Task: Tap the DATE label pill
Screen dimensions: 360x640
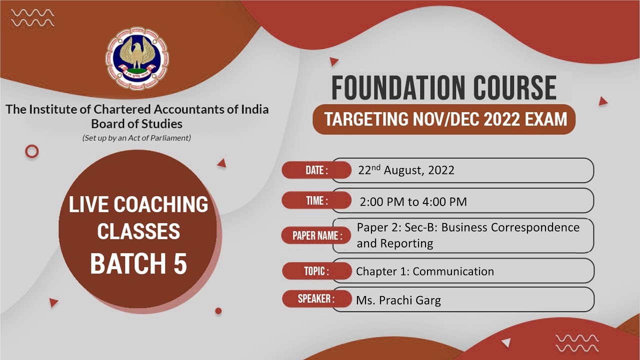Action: tap(316, 170)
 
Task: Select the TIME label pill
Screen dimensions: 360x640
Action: tap(316, 201)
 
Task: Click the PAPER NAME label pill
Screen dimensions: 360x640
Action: tap(313, 235)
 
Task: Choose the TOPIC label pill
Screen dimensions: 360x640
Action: tap(316, 271)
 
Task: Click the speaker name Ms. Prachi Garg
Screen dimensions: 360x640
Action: tap(398, 300)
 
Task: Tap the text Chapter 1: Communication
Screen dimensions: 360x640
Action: tap(424, 271)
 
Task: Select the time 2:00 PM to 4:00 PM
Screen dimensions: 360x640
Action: tap(413, 202)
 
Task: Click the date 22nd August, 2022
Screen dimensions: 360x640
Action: tap(406, 170)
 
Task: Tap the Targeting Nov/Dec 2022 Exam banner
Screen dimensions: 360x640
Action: tap(443, 120)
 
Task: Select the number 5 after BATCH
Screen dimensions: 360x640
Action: tap(180, 264)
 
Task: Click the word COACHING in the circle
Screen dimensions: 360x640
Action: tap(161, 204)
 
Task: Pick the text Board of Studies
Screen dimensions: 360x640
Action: tap(136, 123)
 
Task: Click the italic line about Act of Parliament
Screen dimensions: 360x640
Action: tap(136, 137)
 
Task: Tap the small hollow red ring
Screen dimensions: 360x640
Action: tap(32, 151)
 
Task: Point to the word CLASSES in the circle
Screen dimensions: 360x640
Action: tap(138, 231)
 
